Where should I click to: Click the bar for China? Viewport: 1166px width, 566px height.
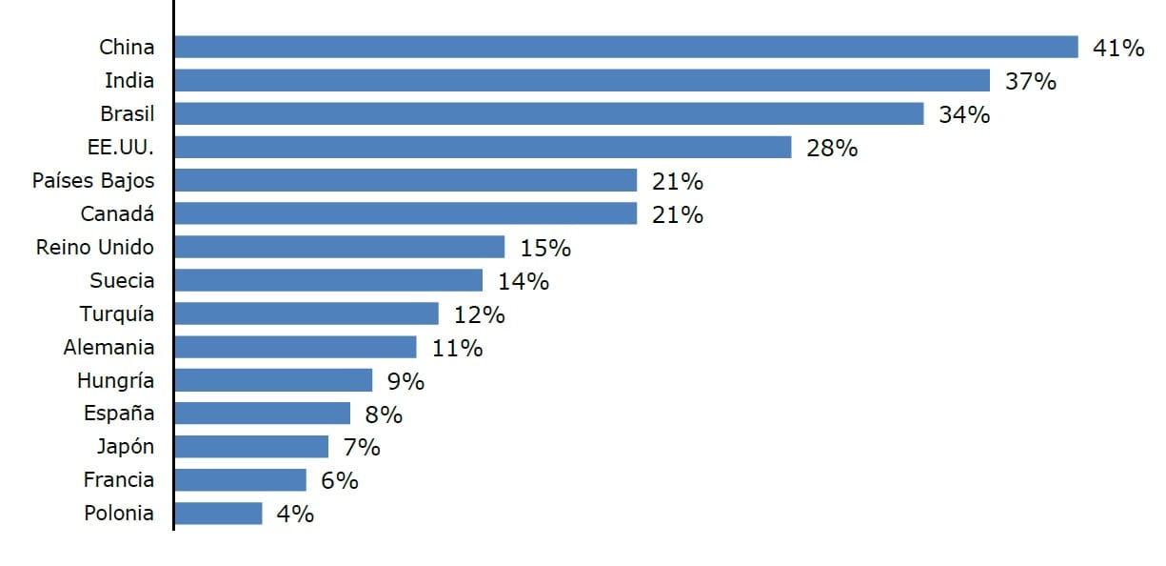tap(626, 47)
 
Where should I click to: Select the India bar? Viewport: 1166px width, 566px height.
tap(583, 80)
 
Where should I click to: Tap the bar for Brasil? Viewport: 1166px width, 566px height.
tap(549, 113)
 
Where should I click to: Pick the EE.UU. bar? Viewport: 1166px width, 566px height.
tap(483, 147)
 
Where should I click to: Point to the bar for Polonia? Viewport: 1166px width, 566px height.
tap(218, 514)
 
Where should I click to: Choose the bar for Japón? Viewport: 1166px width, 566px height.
tap(251, 447)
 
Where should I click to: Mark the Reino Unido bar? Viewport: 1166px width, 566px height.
tap(340, 247)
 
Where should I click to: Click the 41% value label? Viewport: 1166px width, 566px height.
tap(1118, 48)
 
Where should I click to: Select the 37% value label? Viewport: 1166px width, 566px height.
tap(1031, 81)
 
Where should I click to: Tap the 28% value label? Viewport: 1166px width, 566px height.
tap(832, 148)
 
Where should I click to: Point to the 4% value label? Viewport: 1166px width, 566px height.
tap(295, 515)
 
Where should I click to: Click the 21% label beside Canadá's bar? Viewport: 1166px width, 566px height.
tap(678, 214)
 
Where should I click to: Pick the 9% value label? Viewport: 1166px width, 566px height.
tap(405, 381)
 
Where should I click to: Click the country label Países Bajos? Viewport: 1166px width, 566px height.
tap(92, 180)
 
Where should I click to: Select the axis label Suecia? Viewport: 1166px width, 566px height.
tap(122, 280)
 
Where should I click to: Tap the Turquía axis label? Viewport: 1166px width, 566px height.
tap(117, 313)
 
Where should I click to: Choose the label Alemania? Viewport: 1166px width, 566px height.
tap(109, 347)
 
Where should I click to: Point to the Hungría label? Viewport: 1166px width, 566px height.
tap(115, 380)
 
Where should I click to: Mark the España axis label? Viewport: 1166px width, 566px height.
tap(118, 414)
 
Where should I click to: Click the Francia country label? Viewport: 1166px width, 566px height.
tap(118, 480)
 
